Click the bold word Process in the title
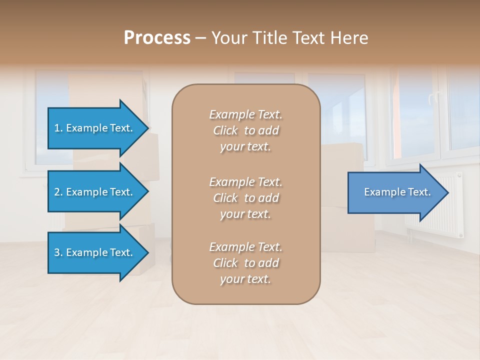[157, 38]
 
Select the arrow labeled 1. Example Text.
[94, 128]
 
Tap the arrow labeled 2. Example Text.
[94, 192]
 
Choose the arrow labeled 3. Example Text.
[94, 252]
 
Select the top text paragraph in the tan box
[245, 130]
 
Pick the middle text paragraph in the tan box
[245, 198]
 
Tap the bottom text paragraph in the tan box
[245, 263]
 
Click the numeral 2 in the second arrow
[57, 192]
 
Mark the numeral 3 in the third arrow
[57, 252]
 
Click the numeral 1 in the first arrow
[57, 128]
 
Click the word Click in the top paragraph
[225, 130]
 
